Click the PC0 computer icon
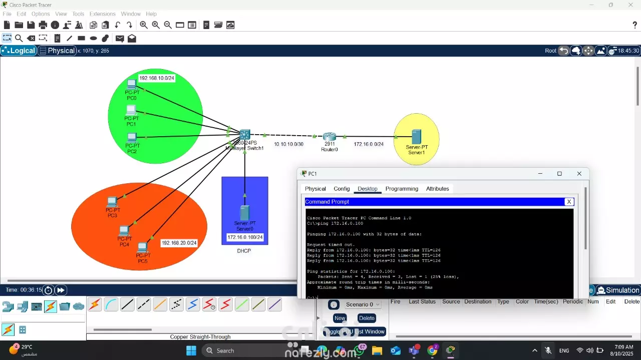[x=131, y=84]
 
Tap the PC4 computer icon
[x=124, y=230]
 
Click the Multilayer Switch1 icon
[x=244, y=135]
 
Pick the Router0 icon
[x=329, y=137]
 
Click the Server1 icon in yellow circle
[x=416, y=137]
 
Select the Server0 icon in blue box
[x=245, y=213]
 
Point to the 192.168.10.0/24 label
[x=157, y=78]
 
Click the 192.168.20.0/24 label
[x=179, y=243]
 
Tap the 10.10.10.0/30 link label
[x=288, y=144]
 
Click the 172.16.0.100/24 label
[x=245, y=237]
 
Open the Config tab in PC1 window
[x=342, y=189]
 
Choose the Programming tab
[x=402, y=189]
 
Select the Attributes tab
[x=437, y=189]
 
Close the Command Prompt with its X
[x=569, y=202]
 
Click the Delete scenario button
[x=367, y=318]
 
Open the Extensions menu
[x=103, y=14]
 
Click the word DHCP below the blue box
[x=244, y=251]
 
